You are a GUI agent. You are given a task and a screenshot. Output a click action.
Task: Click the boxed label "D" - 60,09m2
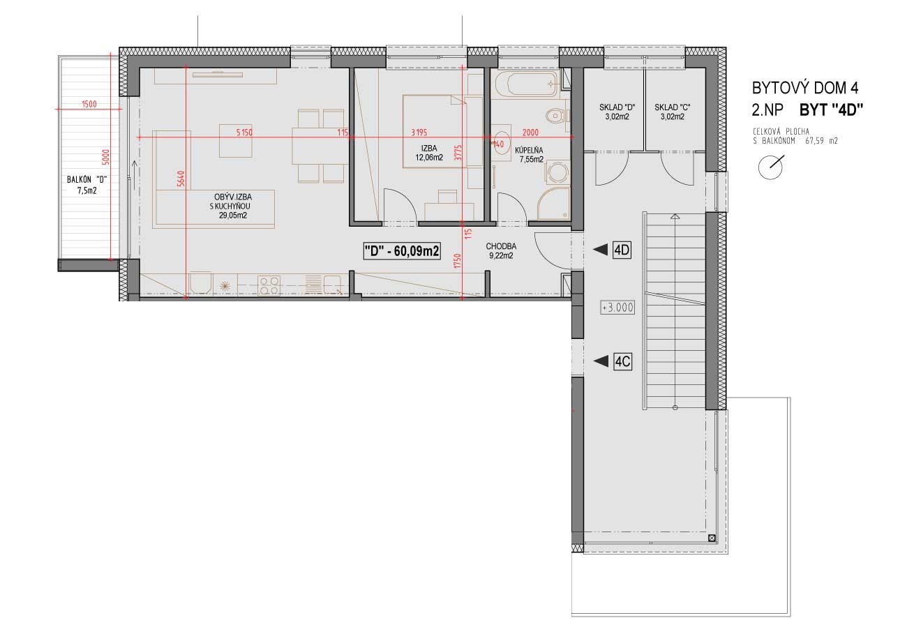(x=402, y=251)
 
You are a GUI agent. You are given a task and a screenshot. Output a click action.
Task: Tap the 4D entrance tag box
(x=622, y=250)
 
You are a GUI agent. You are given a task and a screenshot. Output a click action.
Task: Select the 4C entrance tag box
(x=622, y=361)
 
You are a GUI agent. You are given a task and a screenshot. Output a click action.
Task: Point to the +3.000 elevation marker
(x=617, y=308)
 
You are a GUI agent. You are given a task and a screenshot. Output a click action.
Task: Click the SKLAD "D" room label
(x=617, y=112)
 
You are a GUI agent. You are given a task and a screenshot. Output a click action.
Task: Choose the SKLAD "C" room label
(x=673, y=112)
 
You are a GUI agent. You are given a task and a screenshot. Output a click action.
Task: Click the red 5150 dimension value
(x=244, y=132)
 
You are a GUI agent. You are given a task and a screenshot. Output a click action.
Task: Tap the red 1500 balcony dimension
(x=89, y=104)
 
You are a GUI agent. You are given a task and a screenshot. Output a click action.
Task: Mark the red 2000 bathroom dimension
(x=530, y=133)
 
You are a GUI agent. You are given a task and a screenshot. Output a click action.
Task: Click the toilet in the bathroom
(x=556, y=116)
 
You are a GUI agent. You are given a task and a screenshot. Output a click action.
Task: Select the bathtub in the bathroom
(x=526, y=84)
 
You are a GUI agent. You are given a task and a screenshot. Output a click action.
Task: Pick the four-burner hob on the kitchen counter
(x=269, y=285)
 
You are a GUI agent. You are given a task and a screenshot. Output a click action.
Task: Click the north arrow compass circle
(x=770, y=167)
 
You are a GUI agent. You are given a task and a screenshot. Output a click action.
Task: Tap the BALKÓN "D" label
(x=87, y=185)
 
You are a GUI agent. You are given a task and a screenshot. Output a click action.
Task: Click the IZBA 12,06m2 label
(x=429, y=153)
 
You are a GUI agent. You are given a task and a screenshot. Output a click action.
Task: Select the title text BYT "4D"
(x=829, y=110)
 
